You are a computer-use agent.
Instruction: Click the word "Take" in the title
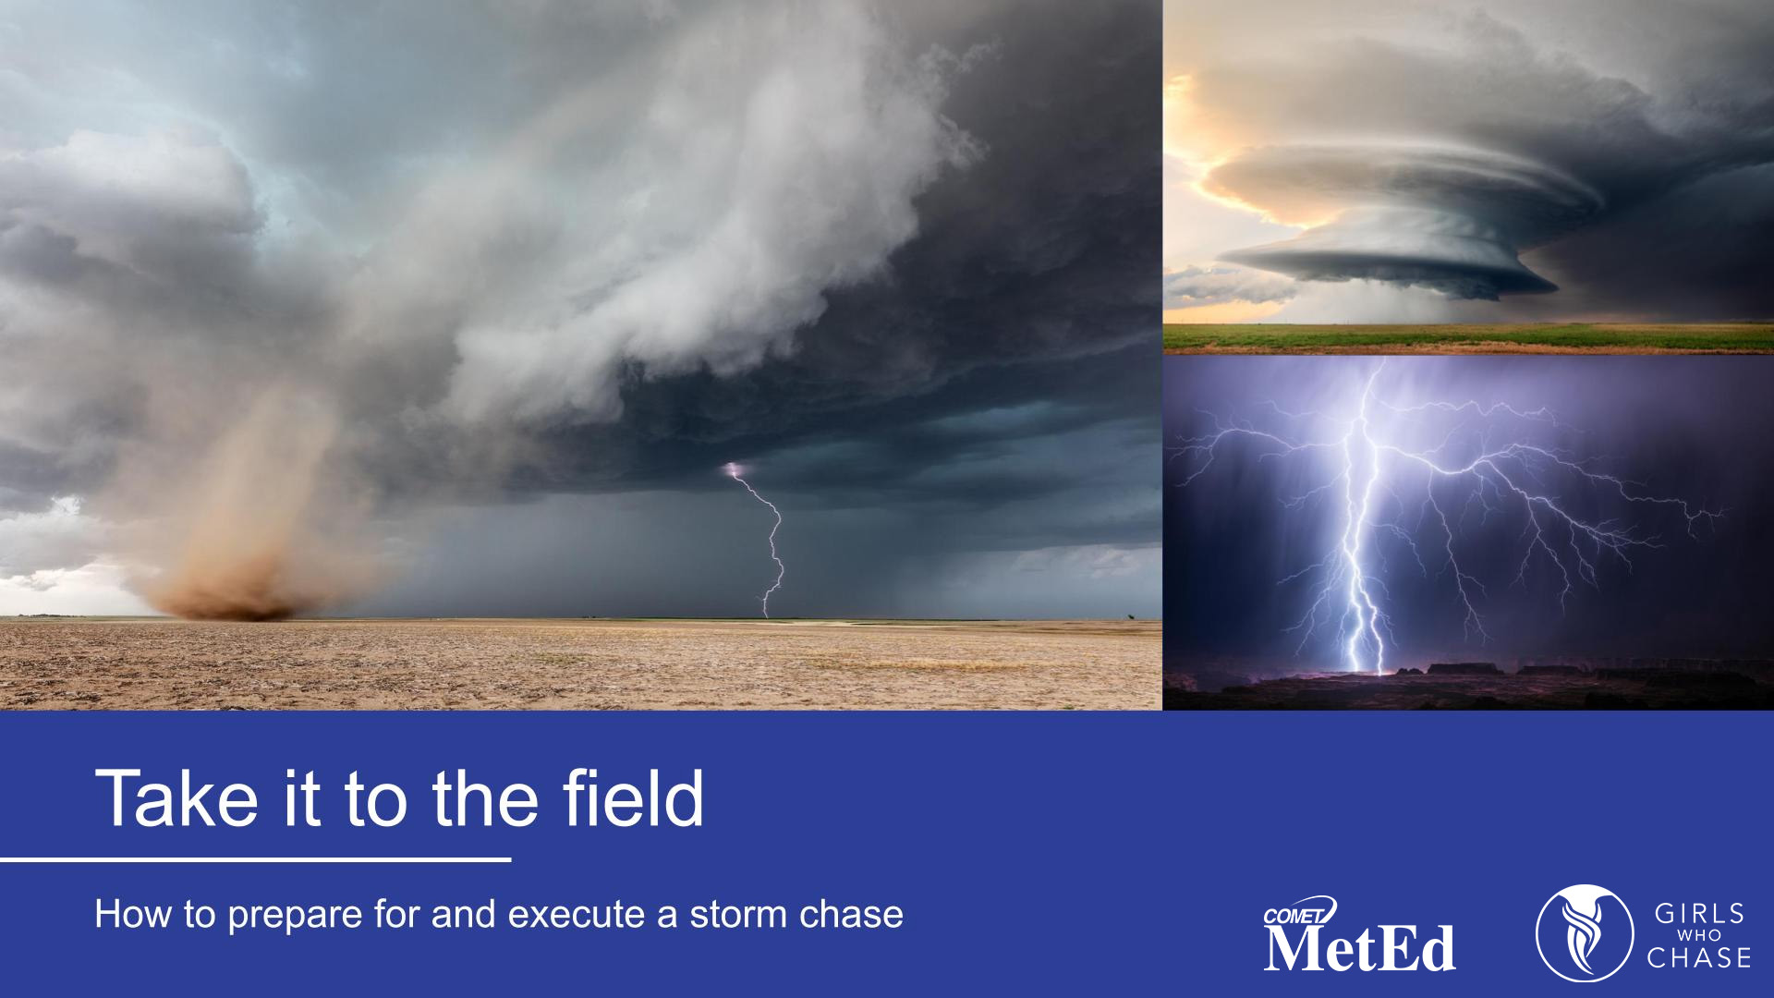[176, 798]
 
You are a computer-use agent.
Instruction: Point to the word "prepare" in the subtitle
[295, 916]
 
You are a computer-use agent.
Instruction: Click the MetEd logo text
[1359, 948]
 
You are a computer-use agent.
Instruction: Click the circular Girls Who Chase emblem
[1584, 933]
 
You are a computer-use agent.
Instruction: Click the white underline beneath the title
[255, 859]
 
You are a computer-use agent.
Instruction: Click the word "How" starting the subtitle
[129, 915]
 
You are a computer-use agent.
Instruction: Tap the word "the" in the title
[485, 798]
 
